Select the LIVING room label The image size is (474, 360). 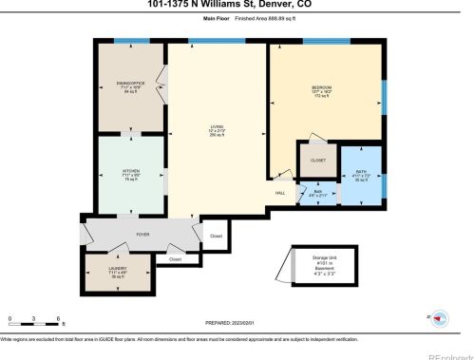217,125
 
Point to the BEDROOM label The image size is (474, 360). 321,88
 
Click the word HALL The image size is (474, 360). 280,194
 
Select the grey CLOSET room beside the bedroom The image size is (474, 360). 317,160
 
